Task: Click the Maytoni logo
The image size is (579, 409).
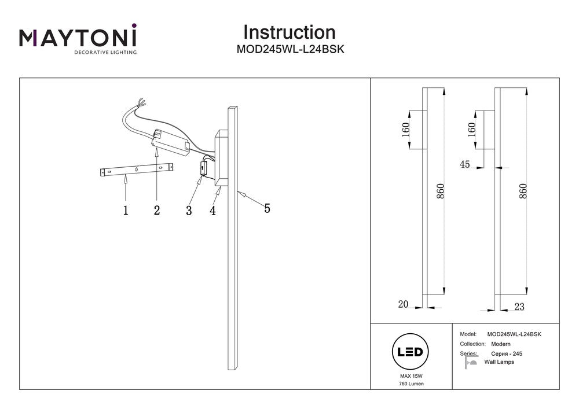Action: [78, 39]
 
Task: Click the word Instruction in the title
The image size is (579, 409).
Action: [289, 32]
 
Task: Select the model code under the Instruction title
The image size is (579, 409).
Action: [291, 50]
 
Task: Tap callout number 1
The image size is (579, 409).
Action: [125, 211]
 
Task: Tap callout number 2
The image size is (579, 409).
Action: [157, 211]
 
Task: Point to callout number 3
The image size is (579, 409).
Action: [189, 211]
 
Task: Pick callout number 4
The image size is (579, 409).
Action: [213, 211]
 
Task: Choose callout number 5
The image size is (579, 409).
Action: [267, 209]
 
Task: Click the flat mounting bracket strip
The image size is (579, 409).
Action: [136, 170]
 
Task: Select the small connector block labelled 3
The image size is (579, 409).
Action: [203, 168]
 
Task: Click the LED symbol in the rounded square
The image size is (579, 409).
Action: [411, 352]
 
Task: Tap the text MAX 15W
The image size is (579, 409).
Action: [411, 377]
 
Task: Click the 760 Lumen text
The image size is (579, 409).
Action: [411, 384]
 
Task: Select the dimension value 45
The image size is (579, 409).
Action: [464, 164]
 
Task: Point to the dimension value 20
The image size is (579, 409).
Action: [403, 304]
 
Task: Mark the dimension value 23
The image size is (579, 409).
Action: [519, 307]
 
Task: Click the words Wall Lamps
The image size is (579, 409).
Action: [499, 362]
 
